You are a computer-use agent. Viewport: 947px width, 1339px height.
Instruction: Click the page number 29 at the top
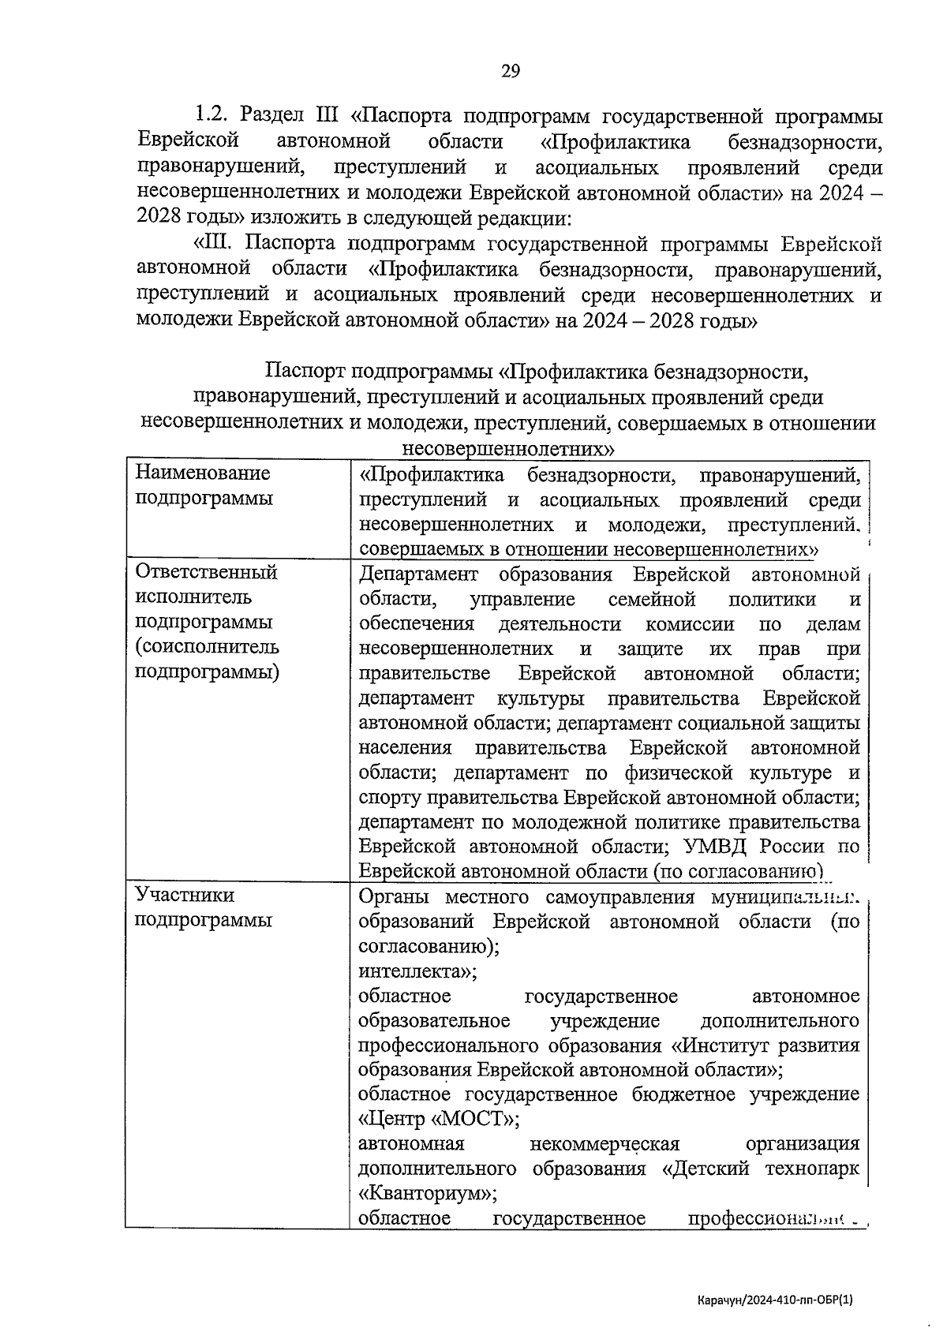click(x=511, y=72)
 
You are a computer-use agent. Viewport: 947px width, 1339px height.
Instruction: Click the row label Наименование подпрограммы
click(x=204, y=485)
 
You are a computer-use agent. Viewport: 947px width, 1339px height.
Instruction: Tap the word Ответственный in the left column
click(x=207, y=571)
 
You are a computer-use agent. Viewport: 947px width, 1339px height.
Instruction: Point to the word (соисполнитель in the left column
click(x=207, y=647)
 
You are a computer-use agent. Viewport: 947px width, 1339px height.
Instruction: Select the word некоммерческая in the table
click(x=605, y=1143)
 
